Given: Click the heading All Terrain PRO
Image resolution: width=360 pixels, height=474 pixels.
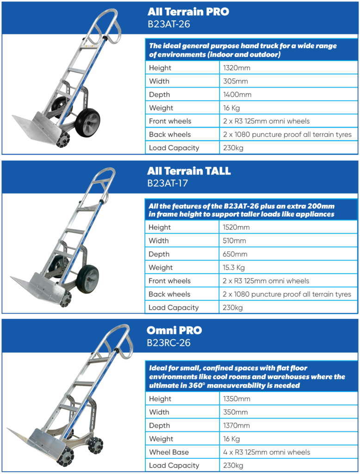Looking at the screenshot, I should [188, 12].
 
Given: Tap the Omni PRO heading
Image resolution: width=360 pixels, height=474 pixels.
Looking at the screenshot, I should [174, 331].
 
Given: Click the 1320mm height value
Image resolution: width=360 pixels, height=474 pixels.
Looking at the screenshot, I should [236, 68].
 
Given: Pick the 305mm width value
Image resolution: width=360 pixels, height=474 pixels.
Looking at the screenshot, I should [235, 81].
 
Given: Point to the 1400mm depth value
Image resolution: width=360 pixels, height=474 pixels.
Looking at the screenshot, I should [237, 95].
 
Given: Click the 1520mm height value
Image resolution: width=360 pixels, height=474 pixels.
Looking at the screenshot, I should [236, 228].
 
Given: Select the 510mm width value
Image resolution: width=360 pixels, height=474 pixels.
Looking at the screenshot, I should [234, 241].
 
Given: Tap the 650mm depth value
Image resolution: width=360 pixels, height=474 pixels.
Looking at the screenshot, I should [235, 255].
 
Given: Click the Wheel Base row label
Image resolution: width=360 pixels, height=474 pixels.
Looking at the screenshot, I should [168, 452].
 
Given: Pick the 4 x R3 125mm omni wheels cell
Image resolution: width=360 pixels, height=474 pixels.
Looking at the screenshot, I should [266, 452].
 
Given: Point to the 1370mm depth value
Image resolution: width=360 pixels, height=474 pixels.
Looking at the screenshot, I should [236, 426].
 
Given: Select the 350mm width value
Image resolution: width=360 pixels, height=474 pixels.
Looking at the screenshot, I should [235, 412].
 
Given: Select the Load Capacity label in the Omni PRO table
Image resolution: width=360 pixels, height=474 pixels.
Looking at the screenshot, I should [174, 466].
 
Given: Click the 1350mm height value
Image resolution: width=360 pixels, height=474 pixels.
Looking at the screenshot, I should [236, 399].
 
